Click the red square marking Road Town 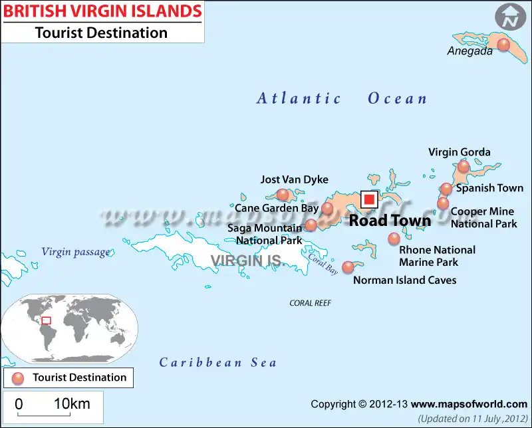point(369,200)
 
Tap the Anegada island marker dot point(503,45)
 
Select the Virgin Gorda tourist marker point(464,166)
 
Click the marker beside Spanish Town point(446,189)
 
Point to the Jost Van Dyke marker point(283,194)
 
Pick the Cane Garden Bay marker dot point(327,209)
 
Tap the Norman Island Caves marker point(348,267)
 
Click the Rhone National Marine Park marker point(394,238)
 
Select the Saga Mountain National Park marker point(311,225)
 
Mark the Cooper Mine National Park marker point(443,203)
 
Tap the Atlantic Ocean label point(342,99)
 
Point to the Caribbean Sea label point(217,362)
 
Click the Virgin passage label point(75,252)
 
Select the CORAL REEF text point(310,303)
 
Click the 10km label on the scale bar point(72,403)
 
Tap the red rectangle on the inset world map point(46,320)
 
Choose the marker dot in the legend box point(18,377)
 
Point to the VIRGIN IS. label point(247,260)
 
